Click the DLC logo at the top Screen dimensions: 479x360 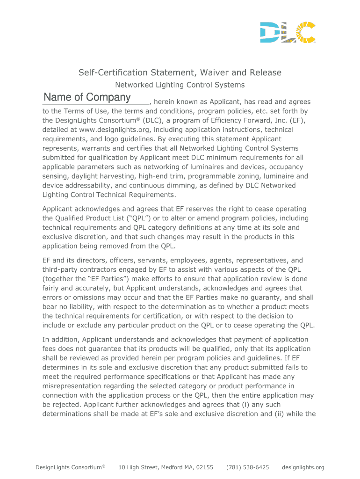[x=288, y=32]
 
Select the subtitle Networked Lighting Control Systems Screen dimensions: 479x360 [x=180, y=85]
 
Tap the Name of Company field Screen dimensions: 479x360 [x=95, y=98]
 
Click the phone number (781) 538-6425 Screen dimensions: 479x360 [x=247, y=467]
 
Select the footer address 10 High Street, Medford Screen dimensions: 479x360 [x=166, y=467]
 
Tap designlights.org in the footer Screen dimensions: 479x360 [x=303, y=467]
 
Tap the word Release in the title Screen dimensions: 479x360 [x=266, y=73]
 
